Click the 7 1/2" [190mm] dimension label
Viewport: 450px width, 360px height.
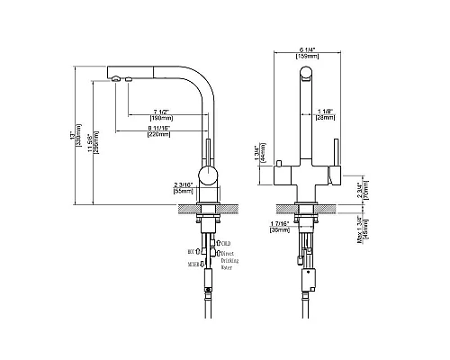(x=163, y=112)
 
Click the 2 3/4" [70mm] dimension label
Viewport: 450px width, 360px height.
(x=358, y=191)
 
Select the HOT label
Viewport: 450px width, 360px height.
(x=192, y=253)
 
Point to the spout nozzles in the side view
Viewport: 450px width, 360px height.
(x=121, y=79)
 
